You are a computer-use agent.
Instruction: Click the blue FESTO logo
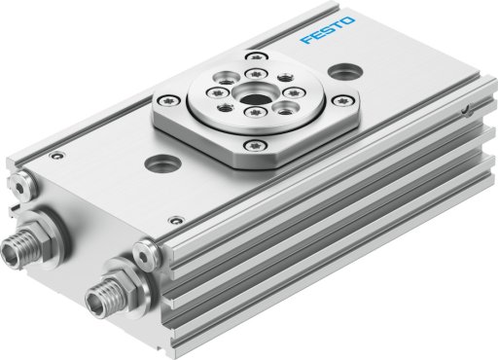point(328,30)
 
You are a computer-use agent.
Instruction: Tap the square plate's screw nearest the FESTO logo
point(256,57)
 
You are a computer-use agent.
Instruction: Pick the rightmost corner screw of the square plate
point(342,100)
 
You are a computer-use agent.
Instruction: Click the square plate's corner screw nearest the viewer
point(256,145)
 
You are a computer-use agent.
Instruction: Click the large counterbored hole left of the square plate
point(161,162)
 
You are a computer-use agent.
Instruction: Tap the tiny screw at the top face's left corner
point(56,156)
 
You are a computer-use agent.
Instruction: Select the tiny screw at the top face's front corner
point(176,221)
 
